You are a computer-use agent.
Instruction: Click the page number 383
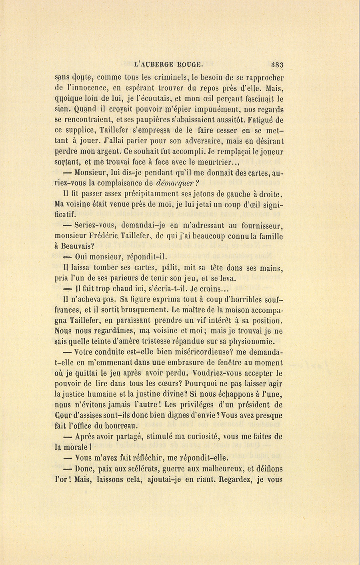(276, 65)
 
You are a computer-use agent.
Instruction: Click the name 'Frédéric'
(120, 237)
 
